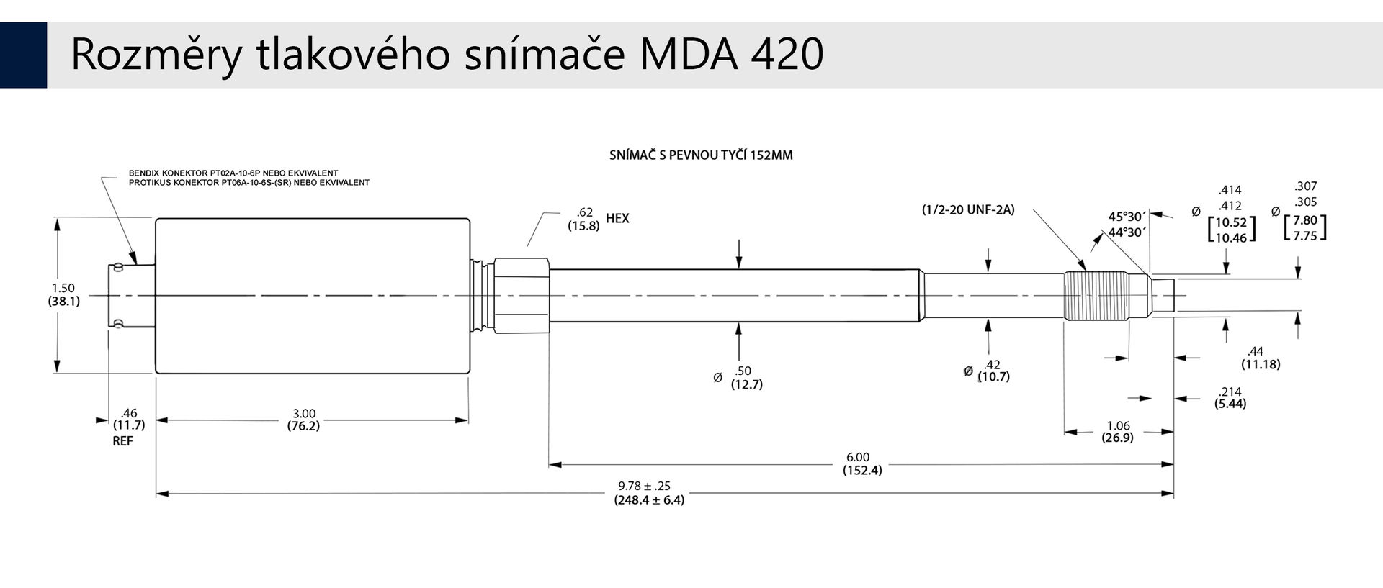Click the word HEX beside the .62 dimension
pyautogui.click(x=617, y=218)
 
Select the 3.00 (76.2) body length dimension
pyautogui.click(x=303, y=420)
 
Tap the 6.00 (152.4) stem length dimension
pyautogui.click(x=861, y=463)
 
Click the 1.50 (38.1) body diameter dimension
pyautogui.click(x=63, y=295)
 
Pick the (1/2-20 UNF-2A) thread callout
pyautogui.click(x=968, y=209)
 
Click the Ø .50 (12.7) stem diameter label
pyautogui.click(x=738, y=377)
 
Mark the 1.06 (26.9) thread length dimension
pyautogui.click(x=1118, y=432)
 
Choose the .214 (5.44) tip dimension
pyautogui.click(x=1230, y=397)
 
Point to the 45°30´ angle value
pyautogui.click(x=1127, y=217)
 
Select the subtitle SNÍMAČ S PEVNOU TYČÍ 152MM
pyautogui.click(x=701, y=155)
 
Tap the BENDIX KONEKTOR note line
pyautogui.click(x=233, y=173)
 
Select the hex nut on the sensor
pyautogui.click(x=522, y=295)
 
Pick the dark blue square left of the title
pyautogui.click(x=23, y=55)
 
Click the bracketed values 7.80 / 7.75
pyautogui.click(x=1305, y=228)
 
